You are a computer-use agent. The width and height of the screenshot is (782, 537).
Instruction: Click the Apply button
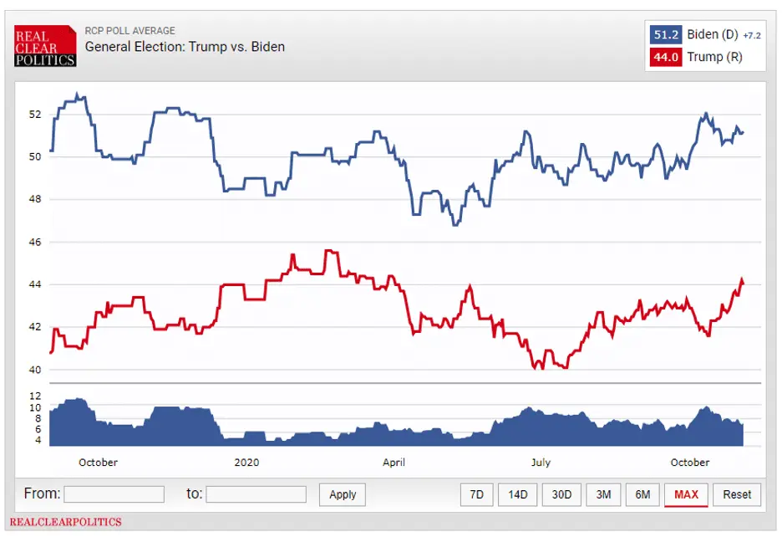coord(343,494)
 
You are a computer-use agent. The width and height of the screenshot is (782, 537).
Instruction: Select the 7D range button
coord(476,494)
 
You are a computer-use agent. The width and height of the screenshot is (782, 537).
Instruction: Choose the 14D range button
coord(518,494)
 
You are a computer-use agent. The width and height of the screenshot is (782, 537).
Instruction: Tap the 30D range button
coord(561,494)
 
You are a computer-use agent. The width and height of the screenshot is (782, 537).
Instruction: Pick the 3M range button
coord(602,494)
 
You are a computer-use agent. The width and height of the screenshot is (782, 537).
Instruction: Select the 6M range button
coord(642,494)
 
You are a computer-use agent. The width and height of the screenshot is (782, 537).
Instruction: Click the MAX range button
coord(686,494)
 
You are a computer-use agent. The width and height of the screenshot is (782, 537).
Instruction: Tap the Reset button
coord(737,494)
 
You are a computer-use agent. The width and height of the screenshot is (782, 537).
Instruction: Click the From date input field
coord(114,494)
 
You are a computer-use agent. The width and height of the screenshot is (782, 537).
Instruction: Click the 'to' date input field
coord(256,494)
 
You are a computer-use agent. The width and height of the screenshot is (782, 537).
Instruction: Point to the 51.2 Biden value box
coord(666,35)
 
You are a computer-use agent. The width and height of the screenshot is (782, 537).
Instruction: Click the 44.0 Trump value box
coord(666,58)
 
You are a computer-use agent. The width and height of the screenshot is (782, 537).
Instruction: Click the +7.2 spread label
coord(751,36)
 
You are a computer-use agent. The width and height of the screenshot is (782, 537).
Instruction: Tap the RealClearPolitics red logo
coord(45,46)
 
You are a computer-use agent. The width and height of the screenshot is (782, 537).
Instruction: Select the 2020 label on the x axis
coord(246,463)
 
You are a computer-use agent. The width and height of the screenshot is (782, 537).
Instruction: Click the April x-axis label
coord(394,463)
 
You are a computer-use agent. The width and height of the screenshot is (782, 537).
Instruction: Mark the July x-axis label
coord(541,463)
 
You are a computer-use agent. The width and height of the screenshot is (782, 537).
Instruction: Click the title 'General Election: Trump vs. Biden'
coord(185,47)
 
